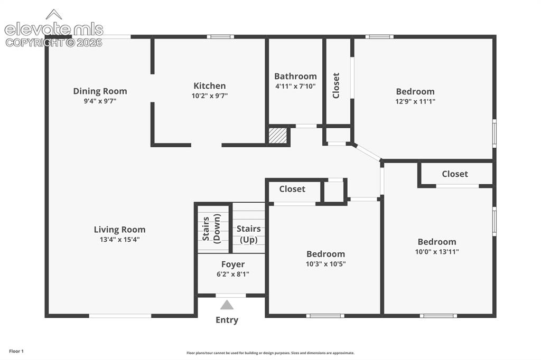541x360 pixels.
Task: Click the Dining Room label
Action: tap(100, 91)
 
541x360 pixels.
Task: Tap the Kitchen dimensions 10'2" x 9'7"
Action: tap(210, 96)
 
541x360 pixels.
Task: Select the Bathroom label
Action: tap(295, 76)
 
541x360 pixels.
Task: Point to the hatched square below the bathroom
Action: tap(278, 136)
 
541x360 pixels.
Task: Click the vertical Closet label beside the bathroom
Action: tap(336, 86)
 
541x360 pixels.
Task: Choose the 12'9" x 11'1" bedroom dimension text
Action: tap(415, 101)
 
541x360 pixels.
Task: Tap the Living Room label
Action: tap(120, 229)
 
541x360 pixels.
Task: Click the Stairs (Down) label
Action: tap(211, 229)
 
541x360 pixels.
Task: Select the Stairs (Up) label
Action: tap(248, 234)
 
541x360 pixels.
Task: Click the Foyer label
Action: tap(233, 264)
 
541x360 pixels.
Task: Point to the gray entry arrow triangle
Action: tap(227, 305)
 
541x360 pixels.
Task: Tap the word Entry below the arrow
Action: tap(227, 320)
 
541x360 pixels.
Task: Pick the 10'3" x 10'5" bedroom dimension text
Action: tap(325, 264)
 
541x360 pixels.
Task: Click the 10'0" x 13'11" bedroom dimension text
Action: tap(437, 252)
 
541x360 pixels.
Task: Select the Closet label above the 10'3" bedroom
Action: tap(292, 189)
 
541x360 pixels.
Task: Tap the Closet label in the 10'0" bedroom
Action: tap(455, 174)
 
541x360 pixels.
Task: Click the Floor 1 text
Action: tap(16, 352)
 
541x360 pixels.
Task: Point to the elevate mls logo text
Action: tap(54, 30)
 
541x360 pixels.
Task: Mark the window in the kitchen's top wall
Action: tap(220, 36)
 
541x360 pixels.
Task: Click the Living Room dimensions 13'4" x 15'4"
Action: tap(120, 240)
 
